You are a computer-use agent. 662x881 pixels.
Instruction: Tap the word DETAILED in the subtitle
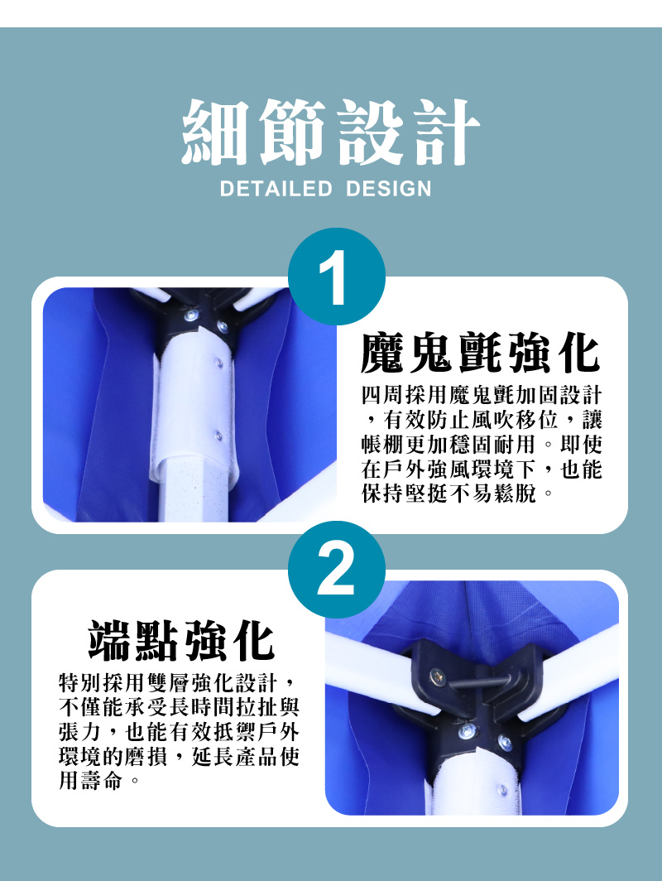[276, 189]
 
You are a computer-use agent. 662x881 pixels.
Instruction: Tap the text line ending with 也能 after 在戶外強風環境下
[482, 469]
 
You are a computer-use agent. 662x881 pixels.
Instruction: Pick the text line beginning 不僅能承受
[179, 709]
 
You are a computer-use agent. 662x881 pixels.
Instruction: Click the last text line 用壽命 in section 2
[98, 782]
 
